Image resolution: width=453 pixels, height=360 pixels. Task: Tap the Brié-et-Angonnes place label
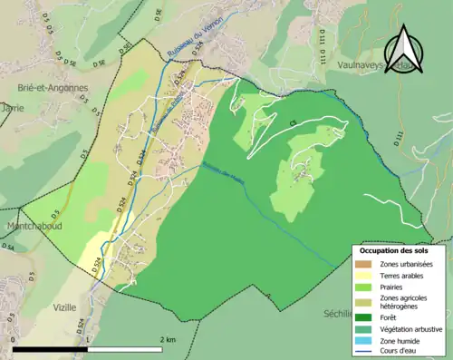[x=52, y=88]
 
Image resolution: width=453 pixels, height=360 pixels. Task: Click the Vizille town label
[x=64, y=307]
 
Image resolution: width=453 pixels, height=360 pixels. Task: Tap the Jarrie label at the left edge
[x=12, y=107]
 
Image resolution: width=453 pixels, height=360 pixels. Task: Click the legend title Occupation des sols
[x=394, y=249]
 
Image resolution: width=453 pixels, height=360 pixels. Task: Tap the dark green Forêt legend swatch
[x=365, y=316]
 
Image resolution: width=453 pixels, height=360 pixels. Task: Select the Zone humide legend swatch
[x=365, y=340]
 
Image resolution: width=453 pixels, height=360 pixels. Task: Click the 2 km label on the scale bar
[x=167, y=339]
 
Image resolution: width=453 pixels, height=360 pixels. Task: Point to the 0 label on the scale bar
[x=13, y=339]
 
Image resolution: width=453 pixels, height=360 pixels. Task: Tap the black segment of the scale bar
[x=51, y=348]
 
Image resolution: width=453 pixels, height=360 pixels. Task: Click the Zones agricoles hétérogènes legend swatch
[x=365, y=300]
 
